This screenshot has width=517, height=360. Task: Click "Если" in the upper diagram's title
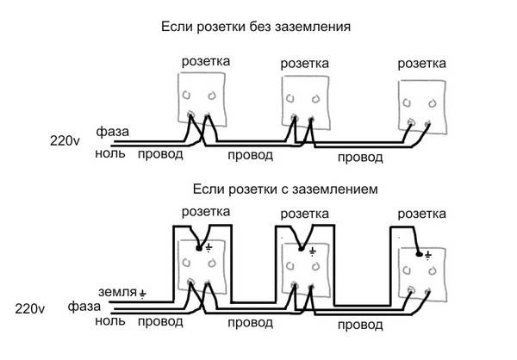pos(176,28)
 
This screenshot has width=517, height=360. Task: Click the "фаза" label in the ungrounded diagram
pos(112,132)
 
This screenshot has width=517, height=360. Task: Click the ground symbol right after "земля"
pos(142,293)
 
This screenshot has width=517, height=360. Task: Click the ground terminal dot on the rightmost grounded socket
pos(420,254)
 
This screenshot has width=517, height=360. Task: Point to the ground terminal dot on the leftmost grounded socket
pos(200,248)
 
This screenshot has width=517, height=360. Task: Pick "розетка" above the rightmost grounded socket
pos(423,210)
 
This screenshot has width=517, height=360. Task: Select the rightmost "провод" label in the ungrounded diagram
pos(360,158)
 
